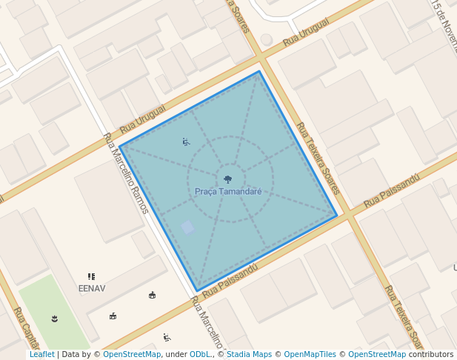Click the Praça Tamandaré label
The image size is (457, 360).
tap(228, 192)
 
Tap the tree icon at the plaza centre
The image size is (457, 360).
tap(227, 179)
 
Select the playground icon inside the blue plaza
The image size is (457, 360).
tap(185, 141)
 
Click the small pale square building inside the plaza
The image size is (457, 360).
tap(188, 227)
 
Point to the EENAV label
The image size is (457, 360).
tap(92, 288)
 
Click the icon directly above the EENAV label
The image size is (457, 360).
tap(91, 276)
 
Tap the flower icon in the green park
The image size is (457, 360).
tap(54, 319)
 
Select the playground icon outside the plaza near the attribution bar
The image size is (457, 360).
tap(167, 338)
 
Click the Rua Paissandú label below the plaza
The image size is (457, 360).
tap(230, 281)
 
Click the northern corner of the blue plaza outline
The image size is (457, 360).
tap(258, 72)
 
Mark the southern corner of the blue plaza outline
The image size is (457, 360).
tap(197, 290)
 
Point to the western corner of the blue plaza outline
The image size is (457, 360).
tap(120, 146)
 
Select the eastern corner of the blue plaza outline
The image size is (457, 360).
tap(337, 216)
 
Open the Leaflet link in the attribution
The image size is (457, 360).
tap(41, 355)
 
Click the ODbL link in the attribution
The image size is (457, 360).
tap(199, 355)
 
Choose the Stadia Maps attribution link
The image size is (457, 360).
tap(248, 355)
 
